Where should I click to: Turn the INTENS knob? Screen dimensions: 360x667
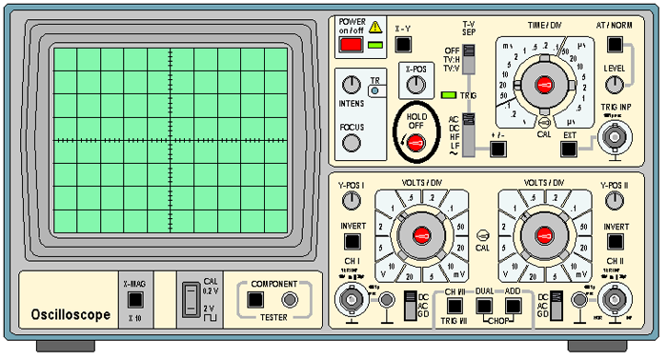pos(352,86)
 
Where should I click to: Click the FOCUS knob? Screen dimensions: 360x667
pos(352,143)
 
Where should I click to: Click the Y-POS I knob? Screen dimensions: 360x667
pos(352,200)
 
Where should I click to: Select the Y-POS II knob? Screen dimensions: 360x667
pos(615,200)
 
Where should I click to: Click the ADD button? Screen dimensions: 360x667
pos(515,305)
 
